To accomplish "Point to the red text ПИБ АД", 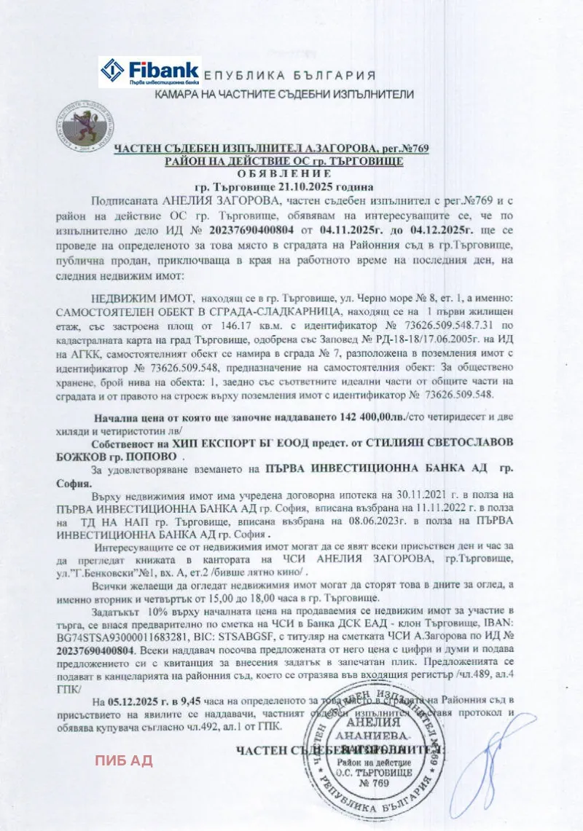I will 123,761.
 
